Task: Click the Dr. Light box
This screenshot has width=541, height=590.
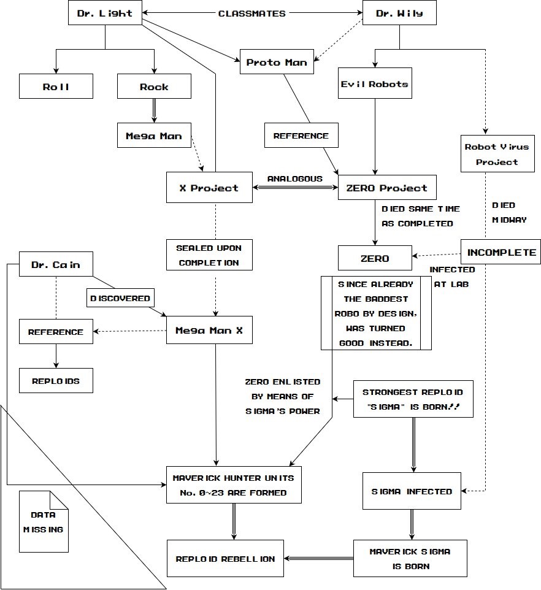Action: click(x=105, y=13)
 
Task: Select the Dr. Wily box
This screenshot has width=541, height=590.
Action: click(x=399, y=13)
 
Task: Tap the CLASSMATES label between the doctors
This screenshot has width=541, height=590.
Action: click(x=251, y=13)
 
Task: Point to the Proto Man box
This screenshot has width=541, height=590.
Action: click(x=277, y=62)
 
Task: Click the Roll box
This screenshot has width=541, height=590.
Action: click(x=56, y=86)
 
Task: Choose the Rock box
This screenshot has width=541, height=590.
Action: click(x=154, y=86)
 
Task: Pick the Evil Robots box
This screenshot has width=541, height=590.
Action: click(x=375, y=84)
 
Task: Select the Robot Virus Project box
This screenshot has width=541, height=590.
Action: click(x=497, y=154)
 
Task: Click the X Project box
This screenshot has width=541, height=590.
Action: click(x=209, y=188)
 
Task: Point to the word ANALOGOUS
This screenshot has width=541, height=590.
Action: click(x=294, y=178)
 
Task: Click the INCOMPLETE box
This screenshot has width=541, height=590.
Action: click(x=501, y=252)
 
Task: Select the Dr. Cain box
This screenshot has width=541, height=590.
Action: click(x=56, y=264)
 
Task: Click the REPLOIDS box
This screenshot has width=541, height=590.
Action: click(x=56, y=381)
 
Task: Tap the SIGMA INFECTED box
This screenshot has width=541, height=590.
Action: click(x=412, y=491)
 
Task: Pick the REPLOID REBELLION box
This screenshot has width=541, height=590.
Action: click(x=226, y=559)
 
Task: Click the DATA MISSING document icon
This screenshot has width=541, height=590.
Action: click(x=44, y=521)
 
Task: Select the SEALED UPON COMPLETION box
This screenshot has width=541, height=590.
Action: click(x=209, y=256)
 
